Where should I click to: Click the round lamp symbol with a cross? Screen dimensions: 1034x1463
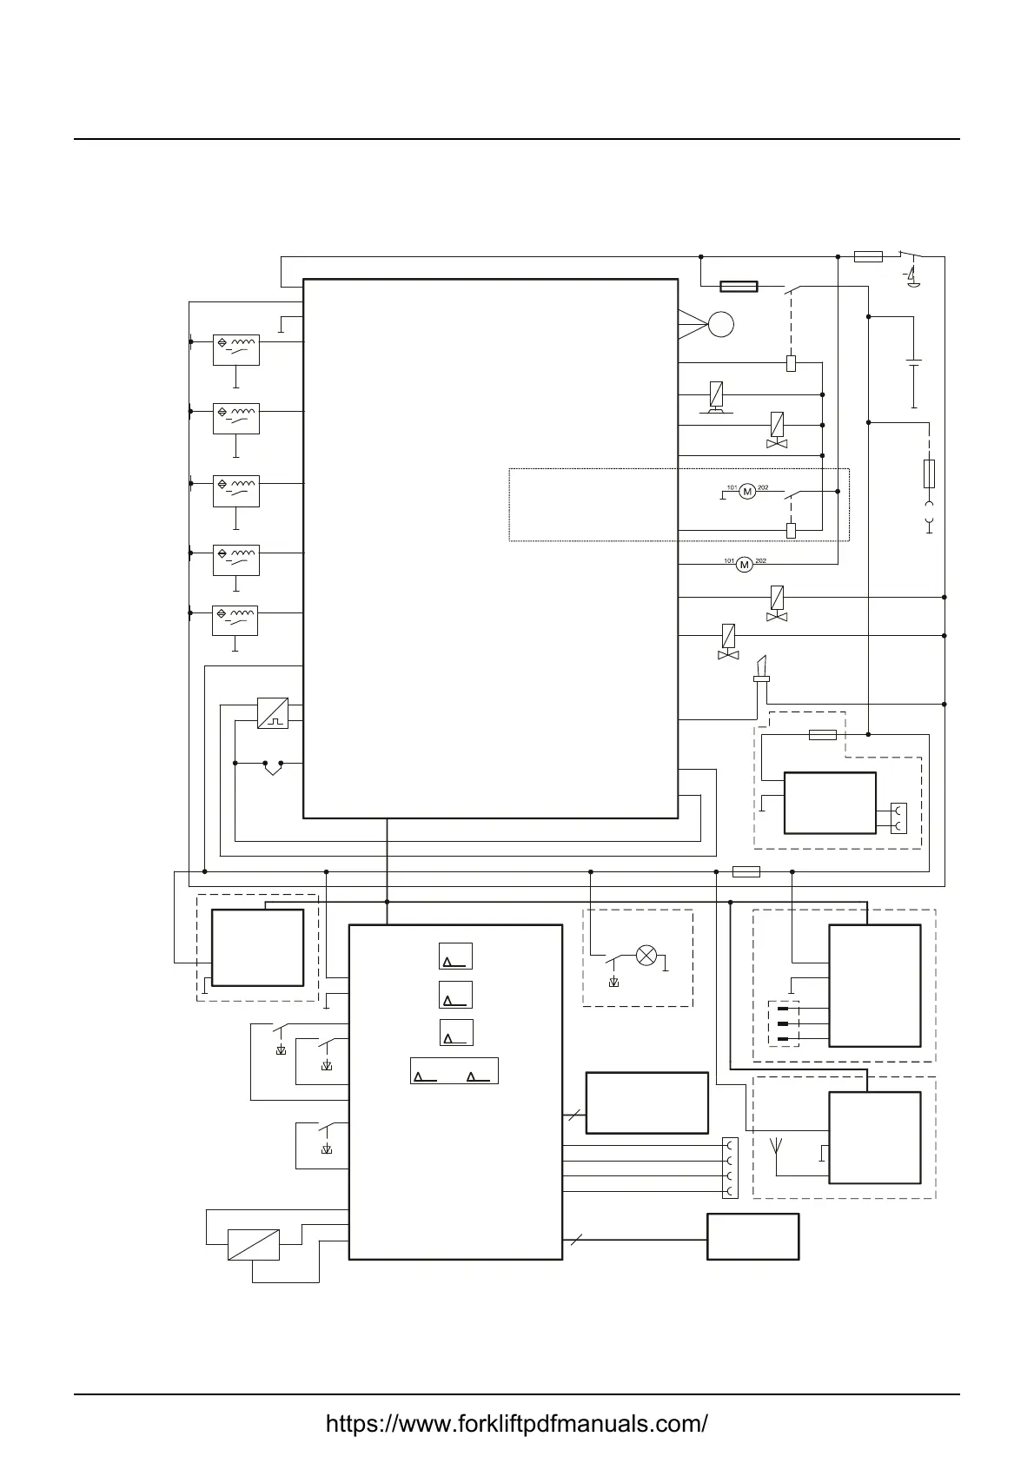click(646, 957)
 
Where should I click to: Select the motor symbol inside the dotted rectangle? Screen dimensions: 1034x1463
click(747, 492)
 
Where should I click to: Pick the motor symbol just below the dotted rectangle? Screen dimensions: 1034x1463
click(744, 565)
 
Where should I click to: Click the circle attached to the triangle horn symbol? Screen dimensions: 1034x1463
click(721, 325)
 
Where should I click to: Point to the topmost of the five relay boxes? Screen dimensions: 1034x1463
click(235, 350)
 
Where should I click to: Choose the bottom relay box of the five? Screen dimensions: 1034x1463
click(235, 620)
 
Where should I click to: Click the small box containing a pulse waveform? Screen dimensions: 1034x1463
click(273, 713)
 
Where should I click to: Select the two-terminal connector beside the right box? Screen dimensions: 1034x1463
click(898, 818)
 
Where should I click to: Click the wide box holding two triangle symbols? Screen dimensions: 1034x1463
click(454, 1070)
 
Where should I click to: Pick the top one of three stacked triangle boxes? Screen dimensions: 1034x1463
click(455, 957)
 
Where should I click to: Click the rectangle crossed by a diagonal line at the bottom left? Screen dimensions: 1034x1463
click(254, 1245)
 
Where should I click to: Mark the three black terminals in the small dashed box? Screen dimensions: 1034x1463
click(784, 1024)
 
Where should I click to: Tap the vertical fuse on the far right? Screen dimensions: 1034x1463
click(929, 473)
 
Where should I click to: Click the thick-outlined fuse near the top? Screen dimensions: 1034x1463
click(739, 286)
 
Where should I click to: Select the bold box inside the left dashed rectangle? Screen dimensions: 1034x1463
click(257, 948)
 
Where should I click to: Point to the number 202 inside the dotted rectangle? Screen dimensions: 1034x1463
click(763, 488)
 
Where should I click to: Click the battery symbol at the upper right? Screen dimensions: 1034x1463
click(914, 362)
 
